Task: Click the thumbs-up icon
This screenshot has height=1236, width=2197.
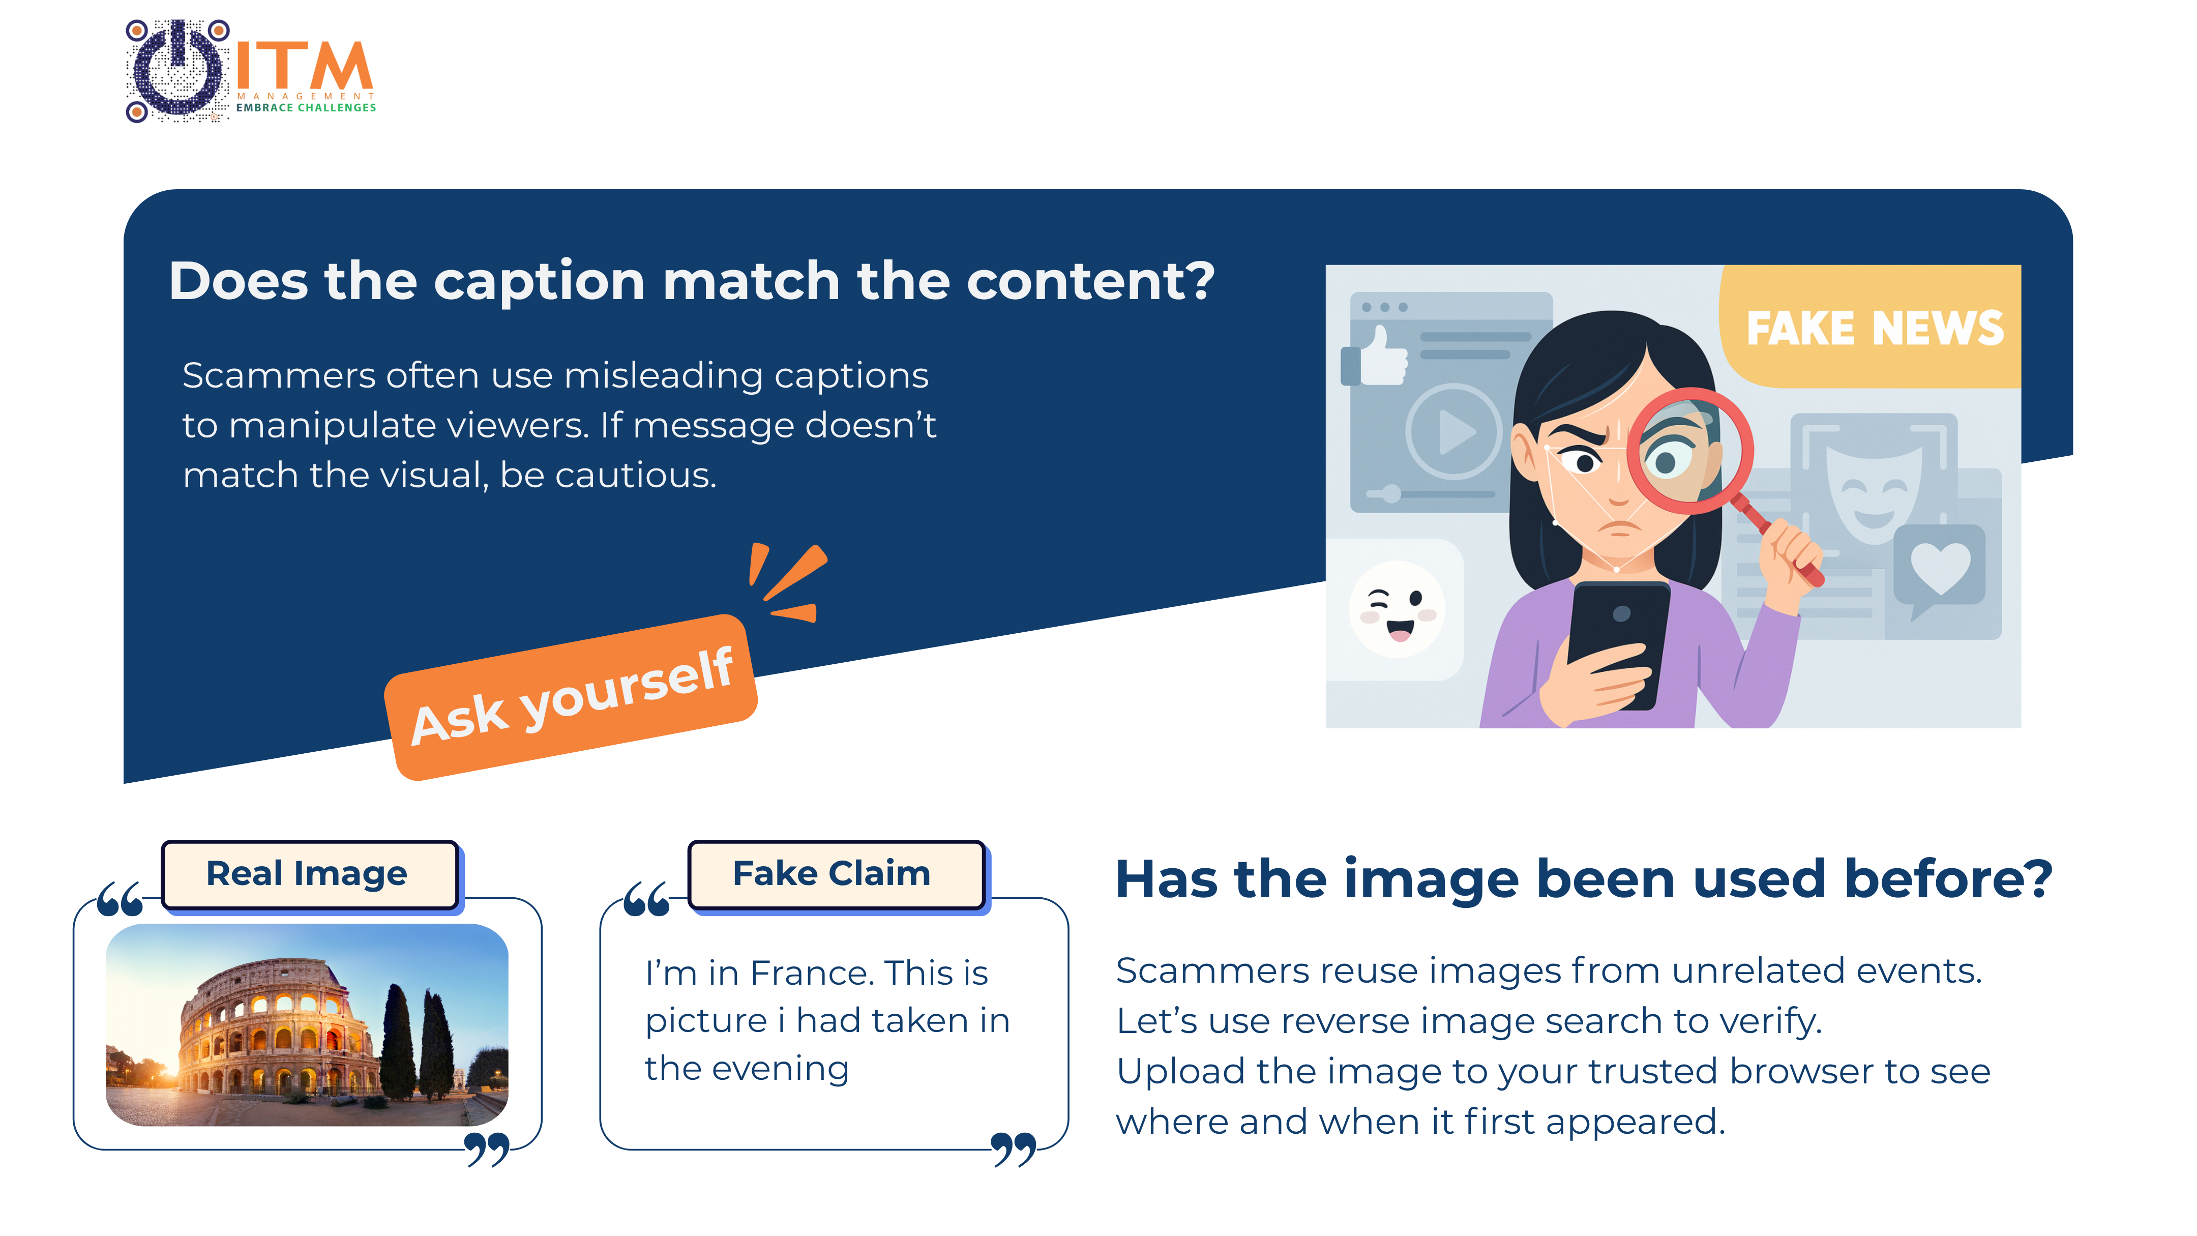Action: click(1375, 355)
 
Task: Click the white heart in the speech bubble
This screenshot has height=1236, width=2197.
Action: click(1940, 567)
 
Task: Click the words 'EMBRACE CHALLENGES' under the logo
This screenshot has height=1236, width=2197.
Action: click(306, 107)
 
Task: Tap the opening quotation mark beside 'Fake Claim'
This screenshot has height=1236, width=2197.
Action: click(646, 900)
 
